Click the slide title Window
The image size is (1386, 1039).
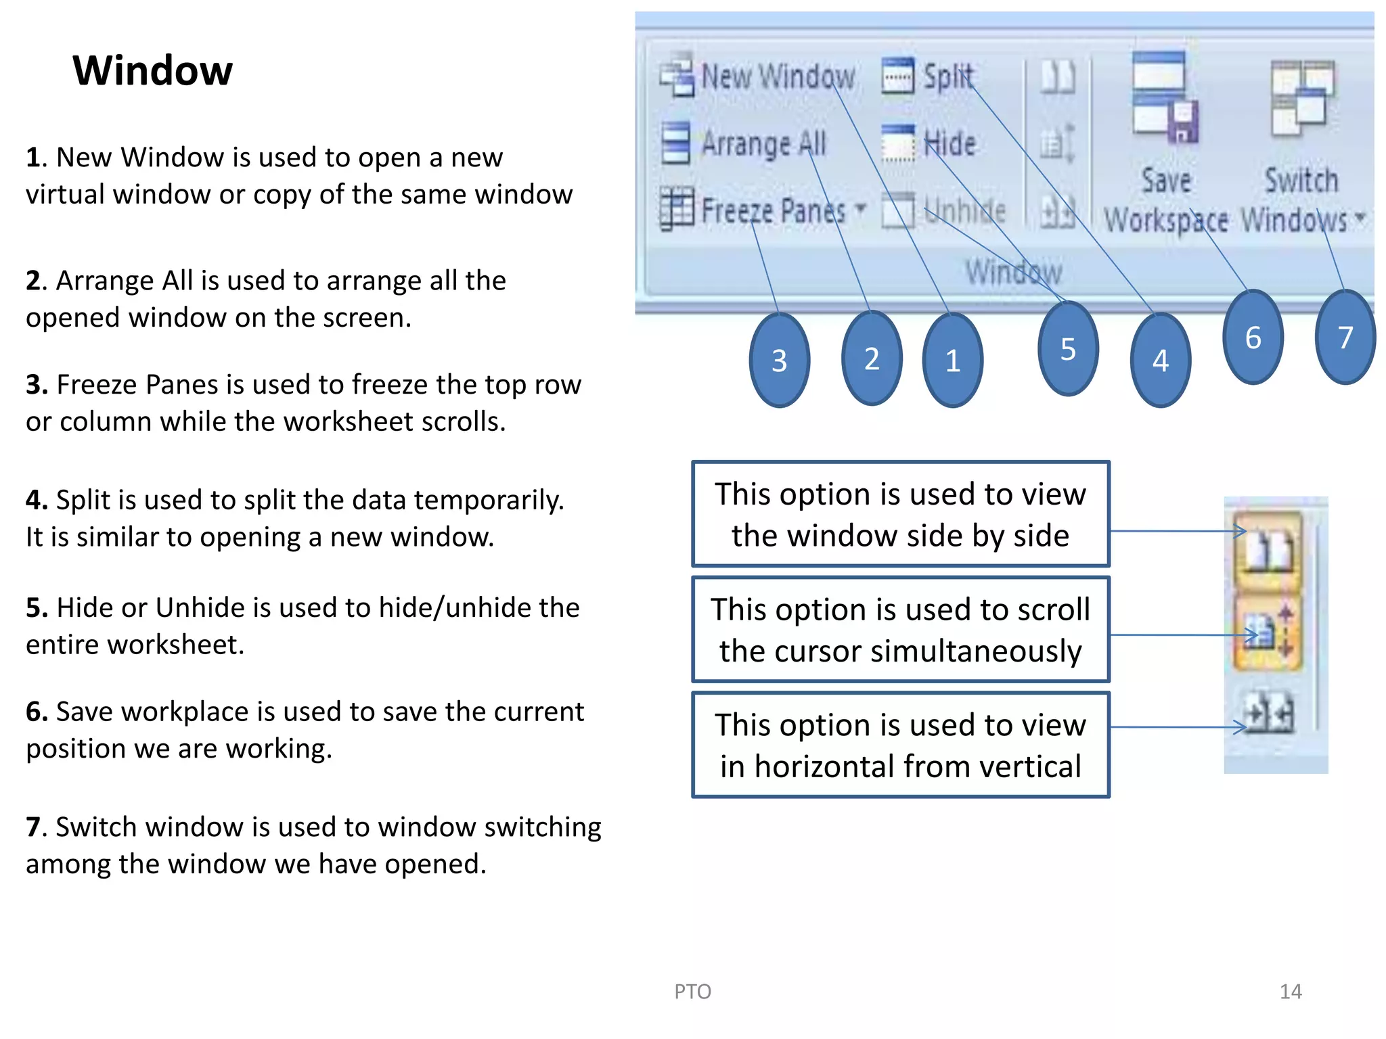(152, 70)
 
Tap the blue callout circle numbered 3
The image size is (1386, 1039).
(779, 360)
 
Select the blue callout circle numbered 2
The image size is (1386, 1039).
(872, 358)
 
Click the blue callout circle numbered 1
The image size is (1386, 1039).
(952, 360)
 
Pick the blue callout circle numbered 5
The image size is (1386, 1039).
(1068, 348)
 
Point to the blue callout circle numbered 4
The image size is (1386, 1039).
(1160, 360)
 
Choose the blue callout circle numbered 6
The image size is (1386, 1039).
(1253, 337)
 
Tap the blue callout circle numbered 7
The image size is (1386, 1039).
(1345, 337)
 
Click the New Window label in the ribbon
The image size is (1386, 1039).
(778, 76)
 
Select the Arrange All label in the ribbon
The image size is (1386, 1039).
(763, 143)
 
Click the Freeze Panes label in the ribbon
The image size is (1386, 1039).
(773, 210)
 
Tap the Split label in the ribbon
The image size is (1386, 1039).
(948, 76)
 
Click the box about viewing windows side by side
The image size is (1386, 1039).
(900, 514)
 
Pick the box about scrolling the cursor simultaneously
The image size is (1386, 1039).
(900, 630)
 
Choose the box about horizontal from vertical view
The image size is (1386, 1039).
(900, 745)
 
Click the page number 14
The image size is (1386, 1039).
(1290, 992)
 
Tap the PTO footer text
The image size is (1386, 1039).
(692, 992)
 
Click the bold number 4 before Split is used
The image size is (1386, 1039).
(35, 501)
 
